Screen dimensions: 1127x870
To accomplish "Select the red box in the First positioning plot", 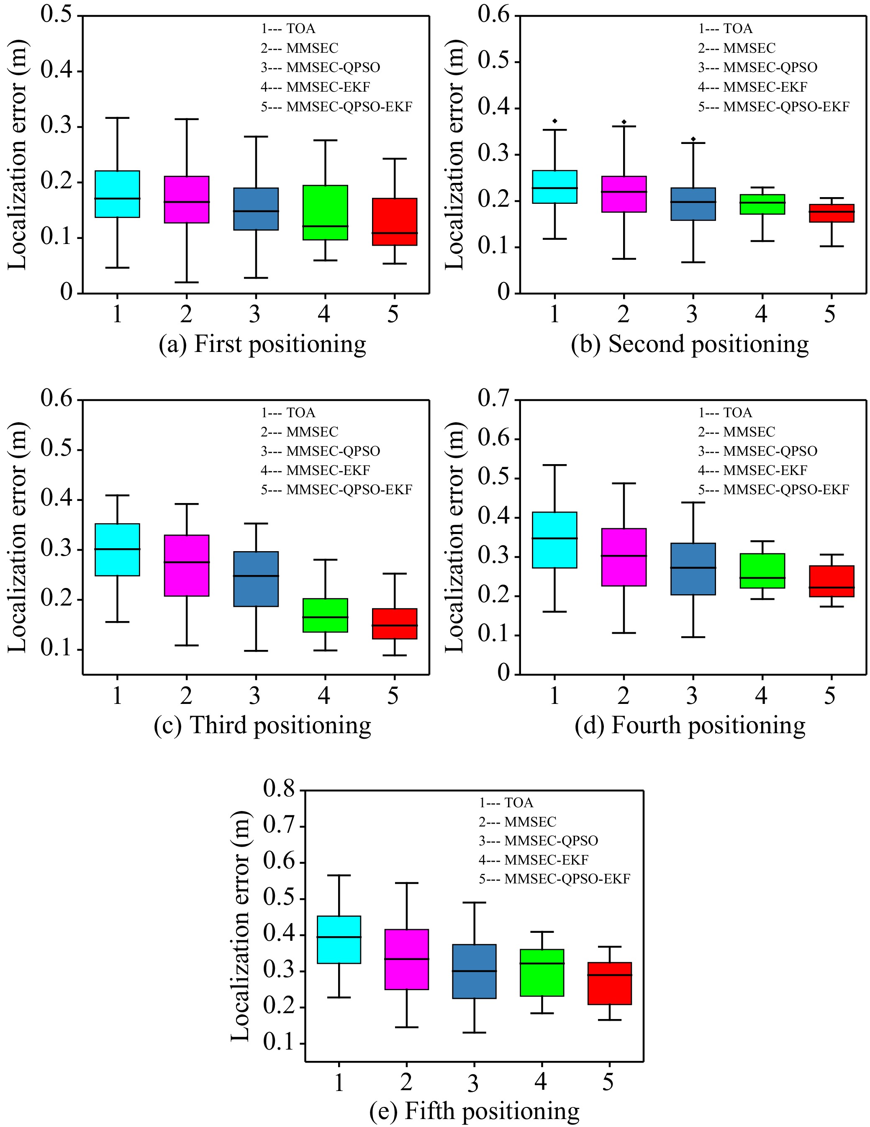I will [394, 221].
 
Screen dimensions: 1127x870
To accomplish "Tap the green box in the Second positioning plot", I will [762, 204].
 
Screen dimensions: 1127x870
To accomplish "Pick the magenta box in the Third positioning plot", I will [186, 565].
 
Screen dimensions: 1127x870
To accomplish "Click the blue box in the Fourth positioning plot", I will [693, 569].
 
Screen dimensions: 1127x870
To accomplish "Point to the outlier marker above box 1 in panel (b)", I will [555, 121].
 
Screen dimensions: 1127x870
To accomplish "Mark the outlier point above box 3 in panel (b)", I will [693, 139].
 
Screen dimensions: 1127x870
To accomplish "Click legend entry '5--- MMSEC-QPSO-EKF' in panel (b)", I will [773, 107].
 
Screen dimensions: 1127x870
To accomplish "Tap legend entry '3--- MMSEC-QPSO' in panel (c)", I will [320, 451].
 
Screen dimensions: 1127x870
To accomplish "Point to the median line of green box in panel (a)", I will [325, 226].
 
